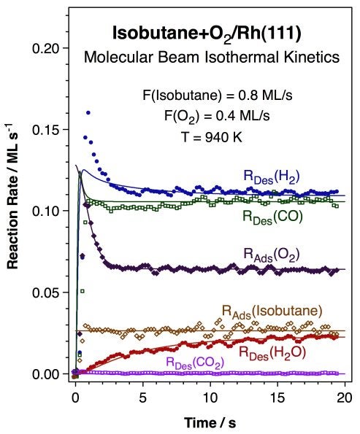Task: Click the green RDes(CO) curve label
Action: [272, 217]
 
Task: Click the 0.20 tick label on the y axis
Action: [46, 48]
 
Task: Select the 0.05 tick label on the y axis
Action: [46, 292]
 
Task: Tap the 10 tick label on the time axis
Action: [210, 399]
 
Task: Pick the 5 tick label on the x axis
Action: [143, 399]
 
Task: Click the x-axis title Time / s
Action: [210, 422]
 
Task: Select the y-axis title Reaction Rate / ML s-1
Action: [15, 211]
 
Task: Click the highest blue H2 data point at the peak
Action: [88, 113]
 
